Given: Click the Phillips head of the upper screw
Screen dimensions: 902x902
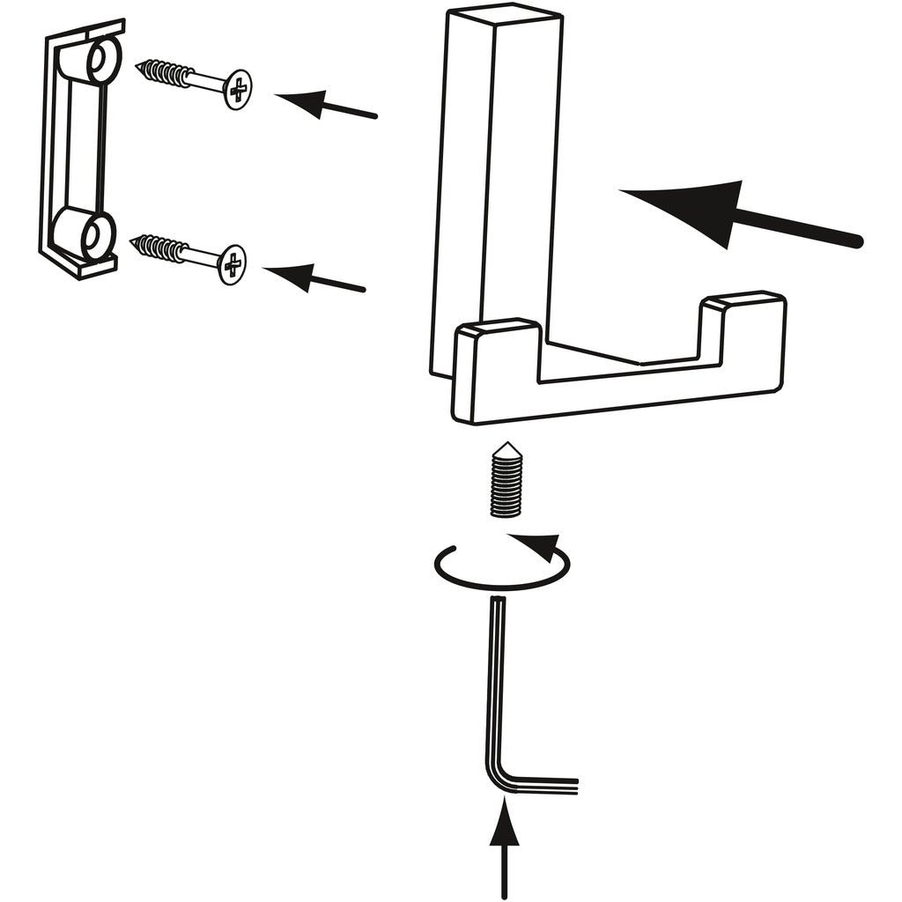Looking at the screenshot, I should [x=237, y=89].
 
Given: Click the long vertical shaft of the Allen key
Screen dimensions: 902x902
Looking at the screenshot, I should [x=494, y=678].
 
